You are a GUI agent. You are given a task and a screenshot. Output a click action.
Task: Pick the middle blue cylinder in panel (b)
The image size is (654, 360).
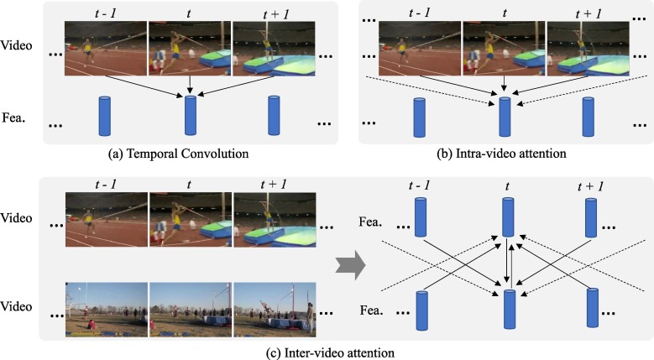click(x=505, y=116)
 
